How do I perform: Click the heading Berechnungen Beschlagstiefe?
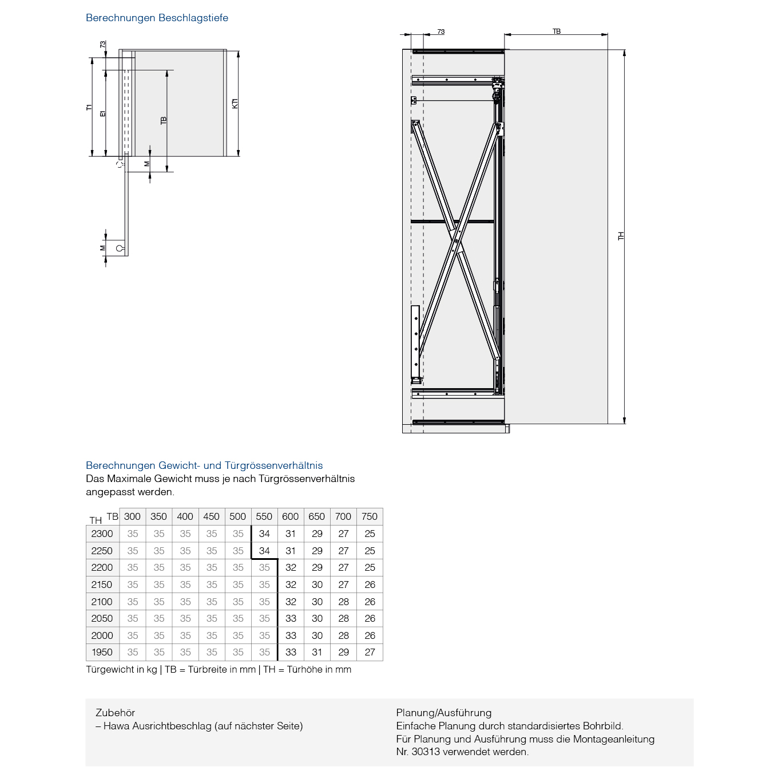[157, 18]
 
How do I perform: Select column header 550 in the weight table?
[264, 516]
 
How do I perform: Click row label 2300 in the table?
[102, 534]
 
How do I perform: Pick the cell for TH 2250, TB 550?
[264, 551]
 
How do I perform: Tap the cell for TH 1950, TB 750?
[370, 652]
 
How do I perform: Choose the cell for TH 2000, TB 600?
[291, 635]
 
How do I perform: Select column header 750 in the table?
[370, 516]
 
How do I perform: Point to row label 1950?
[102, 652]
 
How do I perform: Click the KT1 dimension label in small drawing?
[235, 104]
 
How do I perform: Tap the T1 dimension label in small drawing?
[89, 107]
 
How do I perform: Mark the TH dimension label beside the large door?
[621, 236]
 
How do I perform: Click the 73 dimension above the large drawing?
[440, 31]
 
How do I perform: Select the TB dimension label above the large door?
[556, 31]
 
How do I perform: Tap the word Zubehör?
[115, 713]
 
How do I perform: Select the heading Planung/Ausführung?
[443, 713]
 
